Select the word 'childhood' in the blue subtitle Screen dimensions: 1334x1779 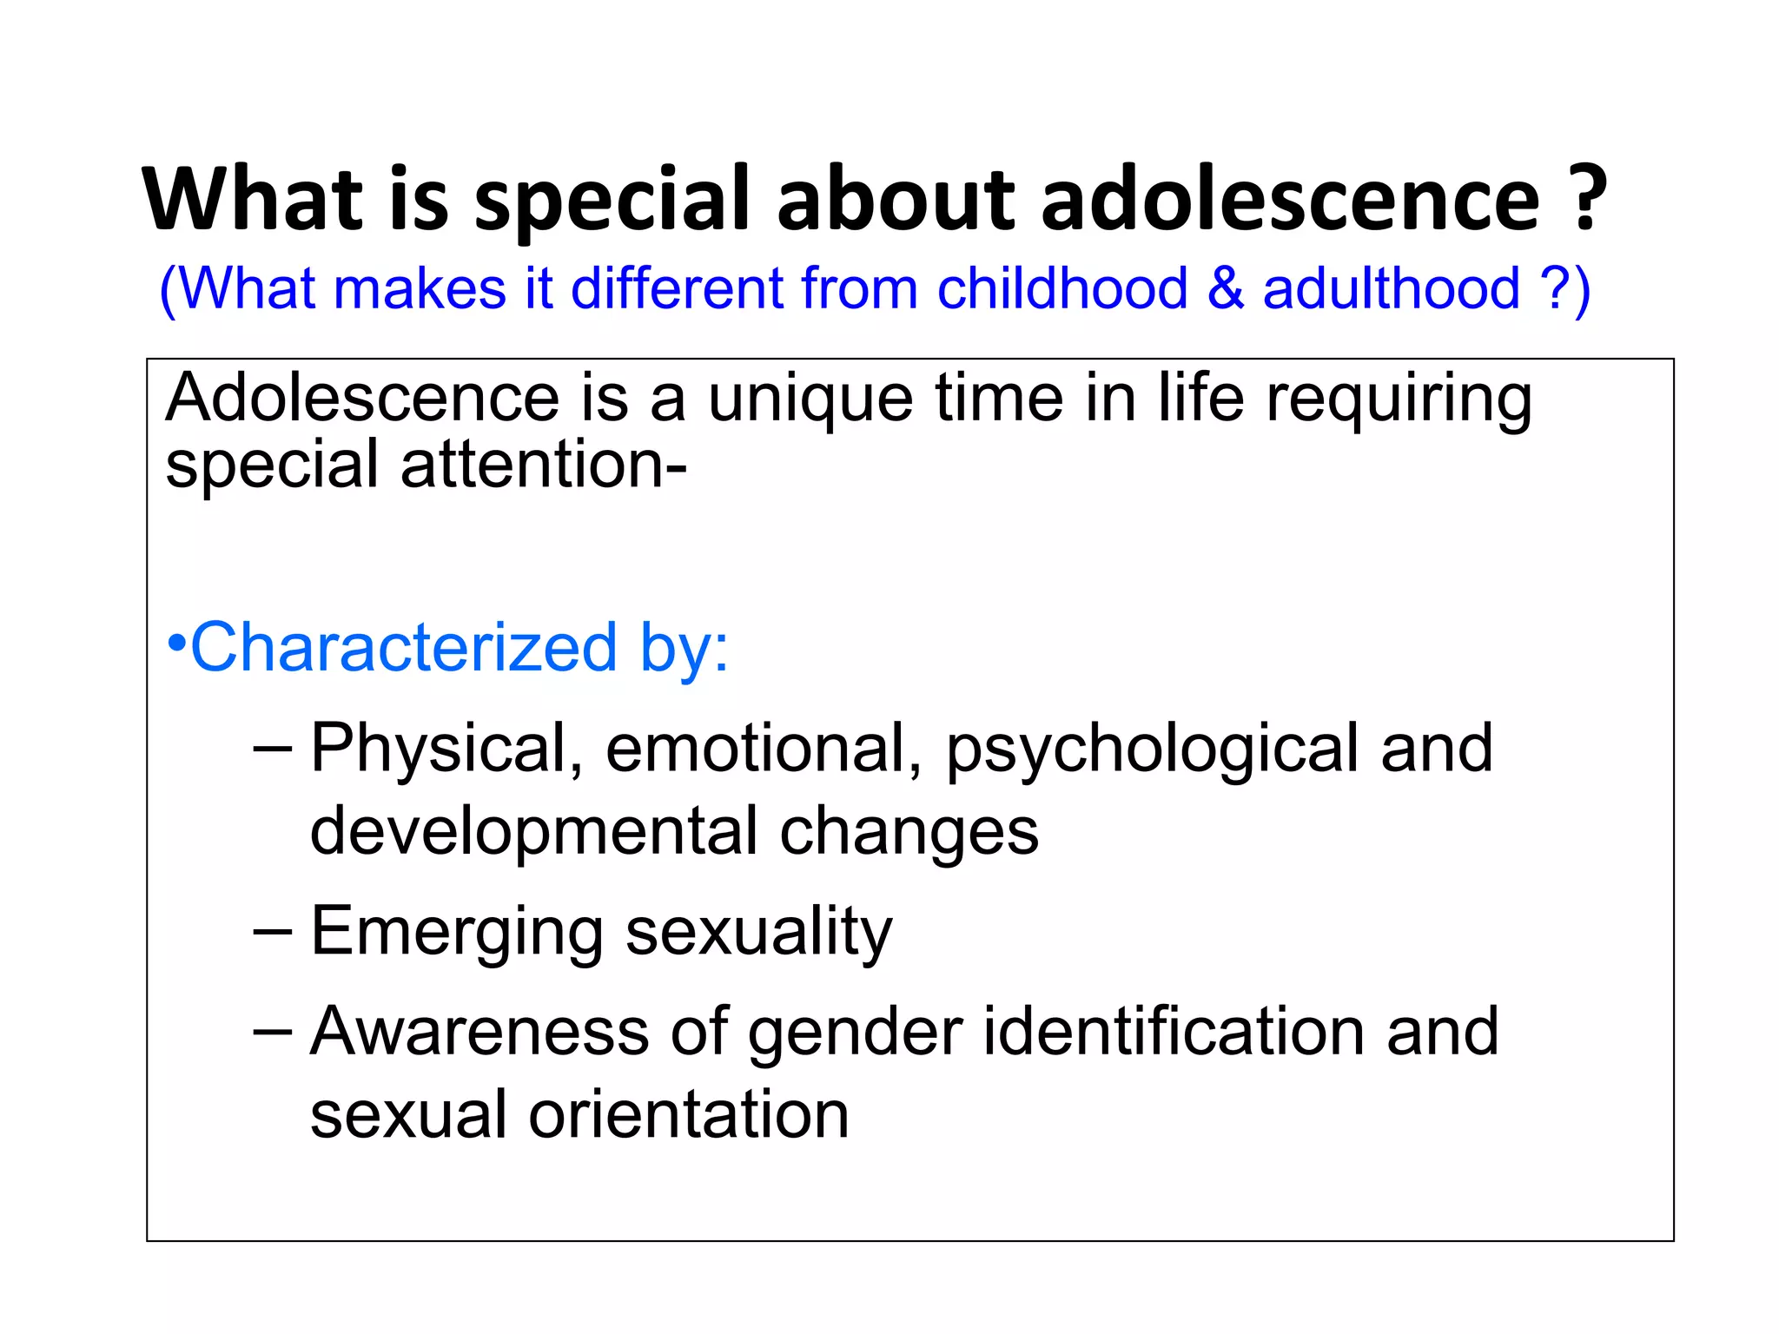point(1061,288)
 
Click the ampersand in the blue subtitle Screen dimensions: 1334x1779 point(1225,288)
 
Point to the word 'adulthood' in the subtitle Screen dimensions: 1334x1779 point(1391,288)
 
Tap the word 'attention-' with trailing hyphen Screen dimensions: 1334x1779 point(543,465)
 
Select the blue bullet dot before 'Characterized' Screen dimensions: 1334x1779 point(176,644)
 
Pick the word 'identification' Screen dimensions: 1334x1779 point(1174,1032)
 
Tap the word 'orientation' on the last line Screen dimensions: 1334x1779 point(688,1115)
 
